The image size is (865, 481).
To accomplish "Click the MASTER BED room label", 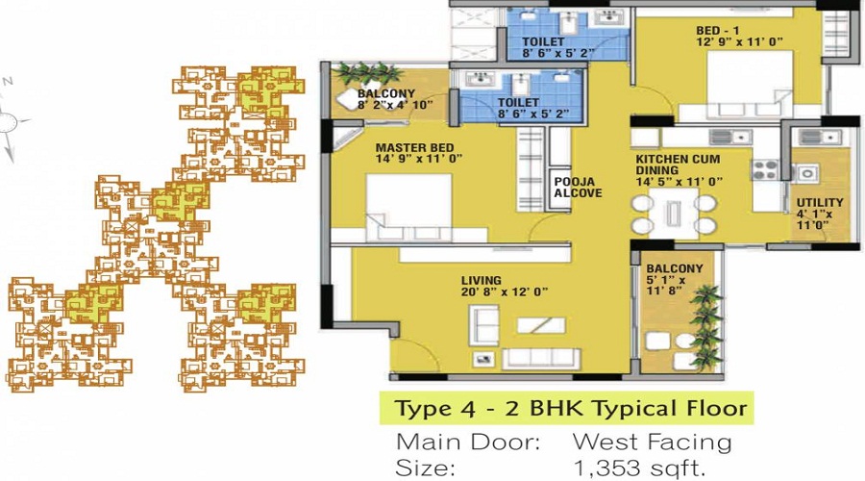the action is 415,148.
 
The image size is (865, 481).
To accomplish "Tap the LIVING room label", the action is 482,281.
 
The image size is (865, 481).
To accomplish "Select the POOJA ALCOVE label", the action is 579,188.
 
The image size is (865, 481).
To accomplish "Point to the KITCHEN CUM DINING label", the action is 678,165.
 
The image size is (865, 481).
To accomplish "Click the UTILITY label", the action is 820,203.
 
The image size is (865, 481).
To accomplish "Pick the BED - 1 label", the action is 717,31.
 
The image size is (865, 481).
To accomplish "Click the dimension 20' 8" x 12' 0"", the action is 505,292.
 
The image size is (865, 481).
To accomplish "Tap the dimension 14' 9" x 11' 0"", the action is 418,159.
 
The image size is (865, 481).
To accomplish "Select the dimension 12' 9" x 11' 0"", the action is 739,42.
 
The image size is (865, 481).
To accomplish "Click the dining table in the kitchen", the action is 674,214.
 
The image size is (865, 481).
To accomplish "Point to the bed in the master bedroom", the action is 408,207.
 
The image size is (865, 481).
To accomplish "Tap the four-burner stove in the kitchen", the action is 765,169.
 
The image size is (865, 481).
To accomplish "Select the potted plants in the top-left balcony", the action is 365,73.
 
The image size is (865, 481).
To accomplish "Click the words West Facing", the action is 652,442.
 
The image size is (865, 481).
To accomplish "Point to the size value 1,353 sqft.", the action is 640,468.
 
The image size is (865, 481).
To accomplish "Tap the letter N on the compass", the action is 8,82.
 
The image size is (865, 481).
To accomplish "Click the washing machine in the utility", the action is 806,173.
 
